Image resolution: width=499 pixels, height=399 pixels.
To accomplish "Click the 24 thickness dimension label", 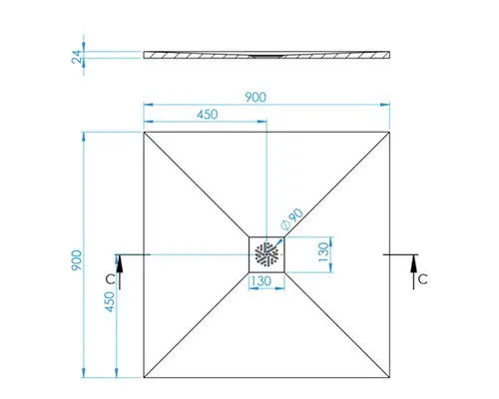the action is point(77,57).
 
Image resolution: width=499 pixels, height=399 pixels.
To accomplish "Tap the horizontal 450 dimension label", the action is point(208,115).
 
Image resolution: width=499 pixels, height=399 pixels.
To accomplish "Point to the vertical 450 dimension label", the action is point(110,301).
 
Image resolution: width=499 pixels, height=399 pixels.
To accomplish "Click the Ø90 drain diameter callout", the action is point(292,219).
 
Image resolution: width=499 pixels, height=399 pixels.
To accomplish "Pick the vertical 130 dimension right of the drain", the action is point(323,252).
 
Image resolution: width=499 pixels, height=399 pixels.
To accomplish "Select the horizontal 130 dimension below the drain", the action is point(261,281).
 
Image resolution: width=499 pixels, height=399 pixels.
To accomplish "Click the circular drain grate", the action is point(266,254).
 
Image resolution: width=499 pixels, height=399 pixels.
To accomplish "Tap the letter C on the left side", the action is point(111,279).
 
